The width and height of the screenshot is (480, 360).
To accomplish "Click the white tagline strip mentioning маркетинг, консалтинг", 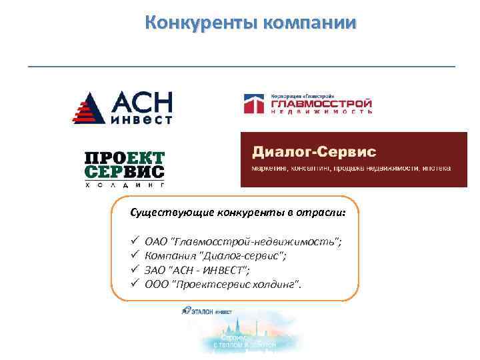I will coord(351,168).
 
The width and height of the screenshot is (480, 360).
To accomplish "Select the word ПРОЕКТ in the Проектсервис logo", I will coord(125,158).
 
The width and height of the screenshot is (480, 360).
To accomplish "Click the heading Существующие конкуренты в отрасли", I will coord(238,213).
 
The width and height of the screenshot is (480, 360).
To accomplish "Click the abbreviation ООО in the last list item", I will coord(157,285).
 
